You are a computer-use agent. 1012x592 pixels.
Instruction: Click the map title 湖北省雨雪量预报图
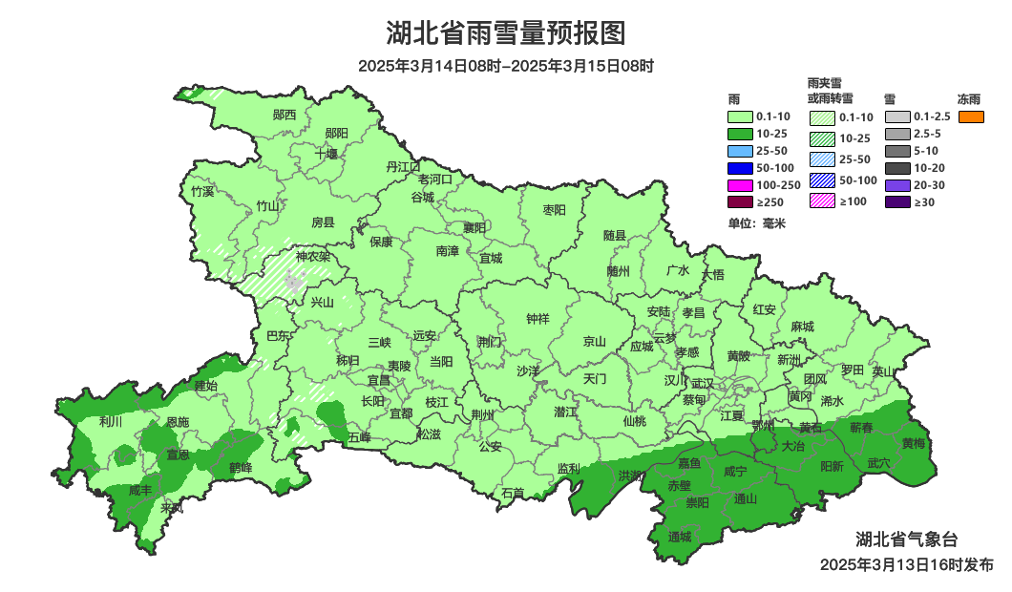coord(506,34)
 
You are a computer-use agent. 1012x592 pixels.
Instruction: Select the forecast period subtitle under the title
coord(506,67)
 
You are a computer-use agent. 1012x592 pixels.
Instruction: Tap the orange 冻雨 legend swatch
coord(971,116)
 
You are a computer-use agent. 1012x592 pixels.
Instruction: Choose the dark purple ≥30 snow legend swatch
coord(897,202)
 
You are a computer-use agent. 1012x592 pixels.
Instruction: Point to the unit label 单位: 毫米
coord(756,223)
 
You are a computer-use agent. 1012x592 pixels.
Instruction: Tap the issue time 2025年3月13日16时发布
coord(906,565)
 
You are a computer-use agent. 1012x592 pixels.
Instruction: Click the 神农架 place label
coord(312,257)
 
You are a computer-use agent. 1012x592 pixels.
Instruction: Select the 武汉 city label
coord(703,382)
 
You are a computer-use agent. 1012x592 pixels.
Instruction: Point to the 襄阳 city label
coord(474,227)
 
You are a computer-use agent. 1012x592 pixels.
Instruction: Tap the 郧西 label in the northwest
coord(284,116)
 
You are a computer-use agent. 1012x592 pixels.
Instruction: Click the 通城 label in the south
coord(680,536)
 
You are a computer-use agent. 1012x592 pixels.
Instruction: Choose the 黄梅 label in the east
coord(913,443)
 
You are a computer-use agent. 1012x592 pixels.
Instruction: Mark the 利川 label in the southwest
coord(111,421)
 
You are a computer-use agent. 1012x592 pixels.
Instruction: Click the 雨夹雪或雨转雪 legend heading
coord(830,91)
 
